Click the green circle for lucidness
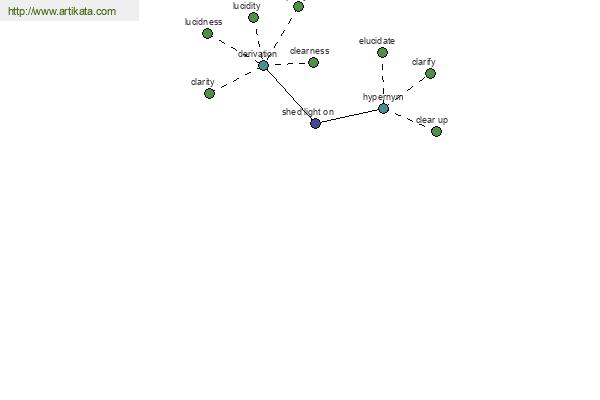point(207,34)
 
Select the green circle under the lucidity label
point(253,18)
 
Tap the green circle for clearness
point(313,62)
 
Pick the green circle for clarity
point(209,93)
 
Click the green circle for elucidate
point(382,52)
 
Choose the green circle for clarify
point(430,73)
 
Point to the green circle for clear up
point(436,132)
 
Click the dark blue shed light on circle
point(315,124)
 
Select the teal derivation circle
point(263,65)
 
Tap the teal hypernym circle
point(383,109)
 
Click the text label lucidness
point(204,22)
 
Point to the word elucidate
point(377,41)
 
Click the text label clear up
point(432,120)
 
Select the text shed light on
point(308,112)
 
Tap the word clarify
point(424,62)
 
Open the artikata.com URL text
point(62,11)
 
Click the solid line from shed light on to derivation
point(289,95)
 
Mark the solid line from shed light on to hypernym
point(349,116)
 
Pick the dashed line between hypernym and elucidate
point(383,80)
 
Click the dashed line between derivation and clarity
point(236,80)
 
